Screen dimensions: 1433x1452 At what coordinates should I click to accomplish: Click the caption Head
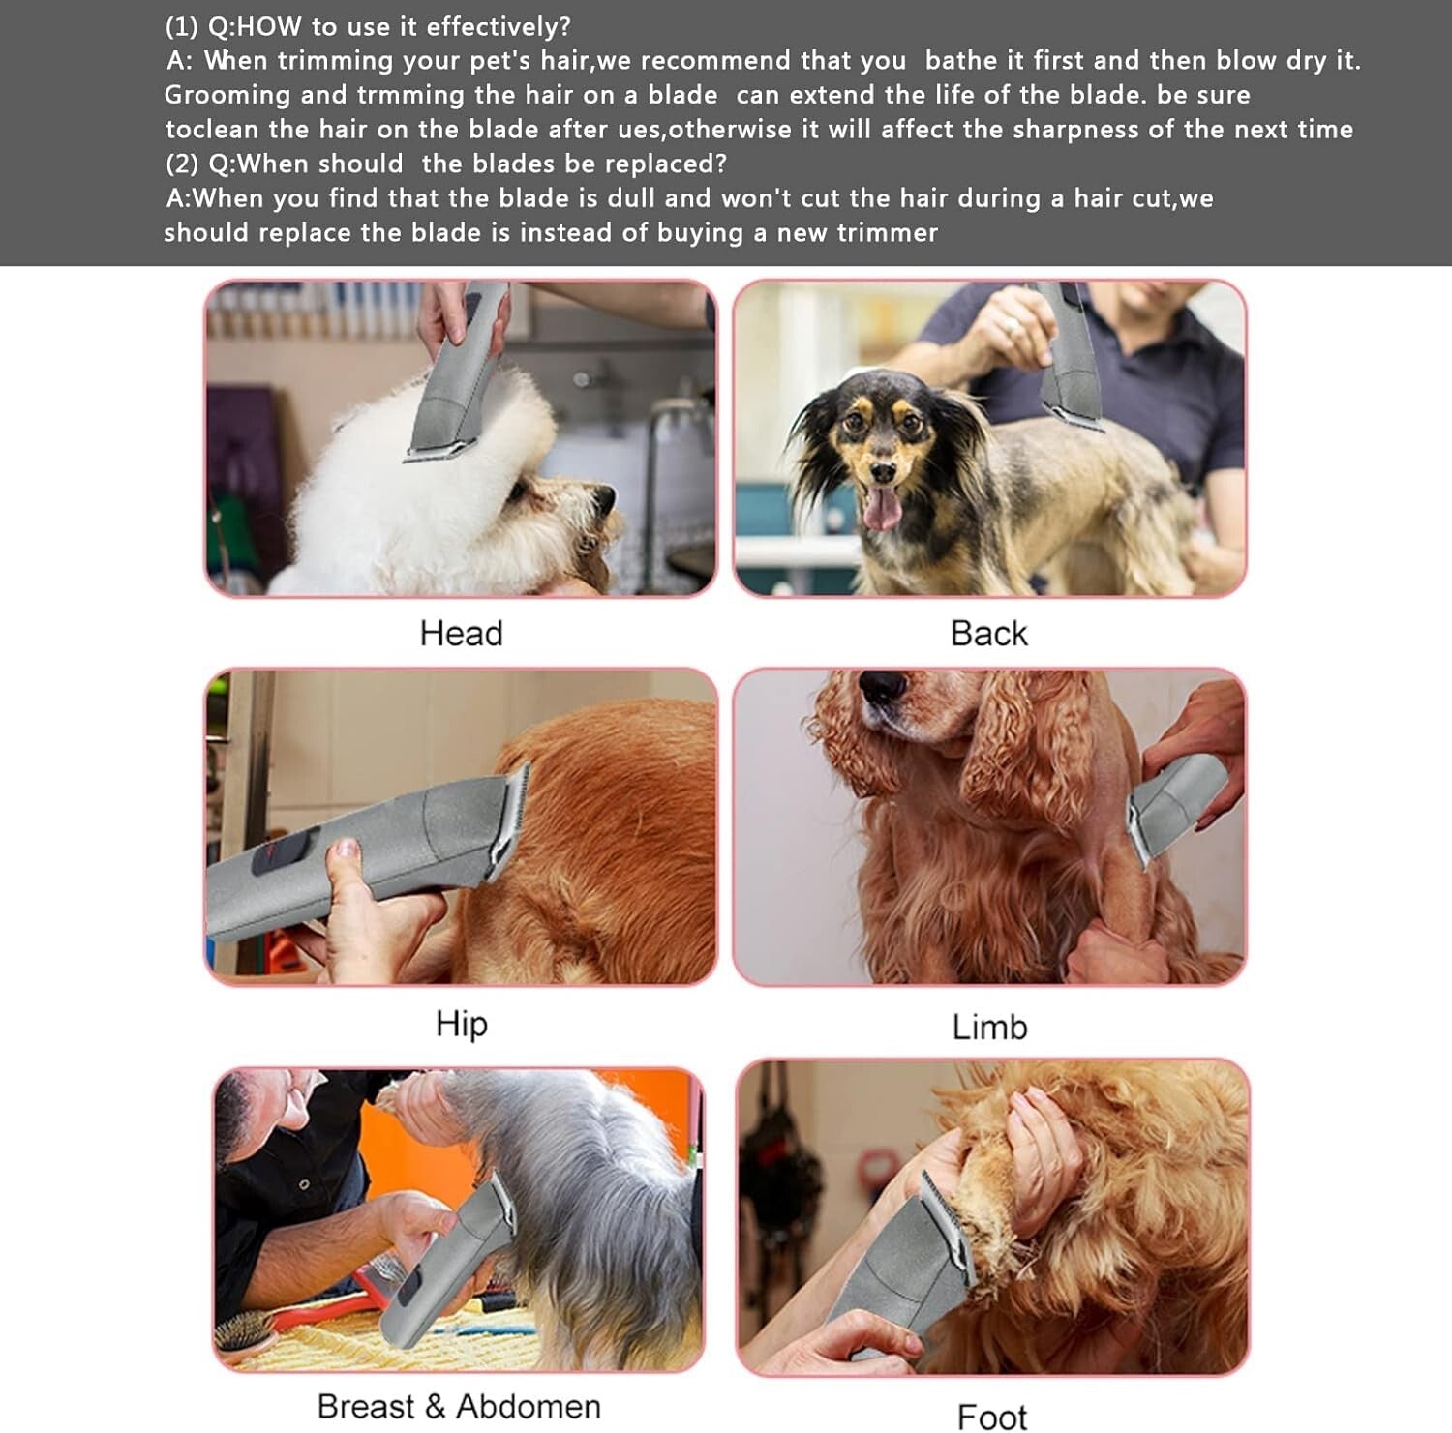click(461, 634)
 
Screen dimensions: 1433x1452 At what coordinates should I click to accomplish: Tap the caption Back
click(988, 634)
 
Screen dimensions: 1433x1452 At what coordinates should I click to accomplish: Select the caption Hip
click(461, 1024)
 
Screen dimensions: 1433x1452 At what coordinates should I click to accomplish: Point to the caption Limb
click(989, 1027)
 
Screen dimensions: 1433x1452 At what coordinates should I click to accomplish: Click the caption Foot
click(991, 1417)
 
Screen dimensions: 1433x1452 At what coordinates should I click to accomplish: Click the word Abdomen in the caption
click(529, 1406)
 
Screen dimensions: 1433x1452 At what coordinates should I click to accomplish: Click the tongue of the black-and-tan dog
click(881, 509)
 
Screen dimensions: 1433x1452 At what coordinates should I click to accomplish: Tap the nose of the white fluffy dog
click(604, 497)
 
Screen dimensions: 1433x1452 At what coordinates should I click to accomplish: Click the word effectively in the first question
click(499, 26)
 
